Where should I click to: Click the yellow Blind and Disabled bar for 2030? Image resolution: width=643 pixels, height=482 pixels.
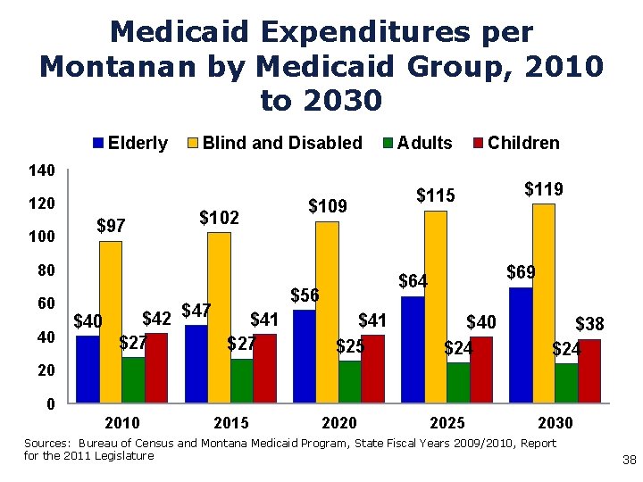[543, 303]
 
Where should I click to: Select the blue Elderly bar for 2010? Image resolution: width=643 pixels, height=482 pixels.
[88, 369]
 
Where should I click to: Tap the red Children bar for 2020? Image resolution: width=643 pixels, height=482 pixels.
[372, 369]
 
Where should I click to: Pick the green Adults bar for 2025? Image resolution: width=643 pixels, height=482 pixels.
[457, 382]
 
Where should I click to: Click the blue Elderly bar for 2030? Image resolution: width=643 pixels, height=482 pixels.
[520, 345]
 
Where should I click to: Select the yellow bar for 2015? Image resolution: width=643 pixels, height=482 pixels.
[219, 317]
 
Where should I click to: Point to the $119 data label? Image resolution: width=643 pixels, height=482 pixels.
[543, 189]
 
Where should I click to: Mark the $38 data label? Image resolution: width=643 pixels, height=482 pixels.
[589, 325]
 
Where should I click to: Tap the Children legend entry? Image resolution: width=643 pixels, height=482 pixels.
[515, 143]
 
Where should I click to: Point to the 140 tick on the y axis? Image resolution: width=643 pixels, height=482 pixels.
[41, 170]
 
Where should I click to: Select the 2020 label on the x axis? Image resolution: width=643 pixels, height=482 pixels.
[338, 422]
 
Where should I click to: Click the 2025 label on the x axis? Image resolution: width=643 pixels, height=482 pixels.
[447, 422]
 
